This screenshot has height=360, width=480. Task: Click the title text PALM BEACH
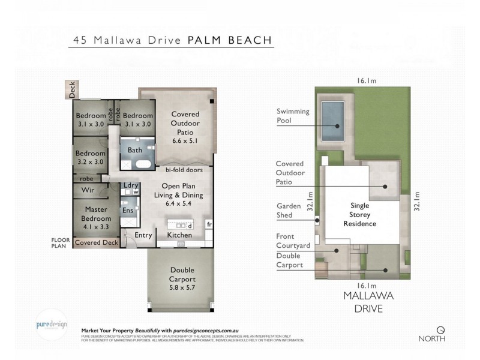pos(230,40)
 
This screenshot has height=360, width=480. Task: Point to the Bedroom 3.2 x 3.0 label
pos(91,157)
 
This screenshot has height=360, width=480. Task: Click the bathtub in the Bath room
pos(144,163)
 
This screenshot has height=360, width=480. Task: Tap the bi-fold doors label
pos(184,170)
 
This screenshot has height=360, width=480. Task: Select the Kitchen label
pos(179,235)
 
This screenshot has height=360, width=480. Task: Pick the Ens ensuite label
pos(127,211)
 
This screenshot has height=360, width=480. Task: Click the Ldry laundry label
pos(130,185)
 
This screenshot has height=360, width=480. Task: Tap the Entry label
pos(143,235)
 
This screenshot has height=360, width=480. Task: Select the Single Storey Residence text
pos(362,214)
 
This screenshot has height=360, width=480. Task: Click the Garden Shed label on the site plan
pos(290,211)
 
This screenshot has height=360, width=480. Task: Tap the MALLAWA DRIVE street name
pos(363,304)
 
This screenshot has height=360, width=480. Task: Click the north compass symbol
pos(441,329)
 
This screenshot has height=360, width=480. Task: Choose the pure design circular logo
pos(51,322)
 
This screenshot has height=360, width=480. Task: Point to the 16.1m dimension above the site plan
pos(366,80)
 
